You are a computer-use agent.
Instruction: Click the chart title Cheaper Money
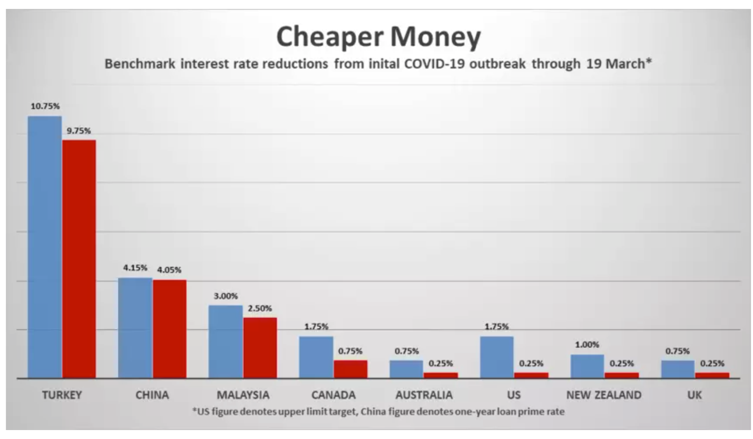coord(378,37)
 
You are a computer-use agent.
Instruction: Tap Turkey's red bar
coord(79,258)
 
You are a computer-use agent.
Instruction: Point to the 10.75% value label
coord(45,106)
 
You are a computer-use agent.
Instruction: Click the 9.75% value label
coord(79,131)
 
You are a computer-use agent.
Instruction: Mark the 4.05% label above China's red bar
coord(169,270)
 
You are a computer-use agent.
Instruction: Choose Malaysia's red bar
coord(260,347)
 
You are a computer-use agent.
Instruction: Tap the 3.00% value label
coord(226,296)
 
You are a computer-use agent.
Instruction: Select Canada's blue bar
coord(316,357)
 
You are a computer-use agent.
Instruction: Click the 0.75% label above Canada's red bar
coord(350,351)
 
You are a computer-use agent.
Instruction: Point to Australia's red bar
coord(441,375)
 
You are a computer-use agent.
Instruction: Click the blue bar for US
coord(497,357)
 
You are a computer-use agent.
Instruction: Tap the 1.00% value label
coord(588,345)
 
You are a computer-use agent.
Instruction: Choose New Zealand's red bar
coord(622,375)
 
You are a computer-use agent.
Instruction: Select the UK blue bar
coord(678,369)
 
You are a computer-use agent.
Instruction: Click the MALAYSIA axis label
coord(242,395)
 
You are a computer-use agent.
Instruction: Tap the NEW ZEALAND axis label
coord(604,395)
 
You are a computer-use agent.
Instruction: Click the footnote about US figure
coord(378,412)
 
